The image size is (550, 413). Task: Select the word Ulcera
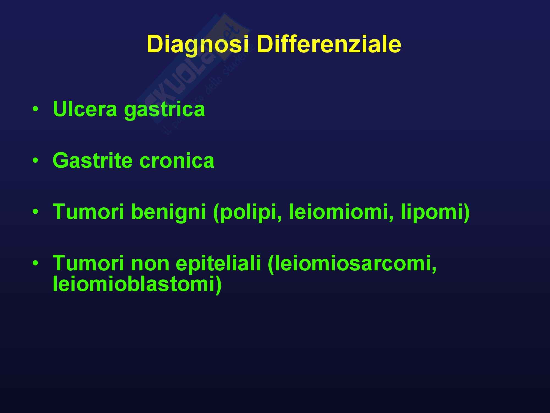click(85, 109)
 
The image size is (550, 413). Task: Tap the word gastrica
click(164, 110)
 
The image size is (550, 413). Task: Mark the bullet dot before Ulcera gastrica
click(35, 109)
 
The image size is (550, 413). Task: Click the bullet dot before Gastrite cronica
click(35, 160)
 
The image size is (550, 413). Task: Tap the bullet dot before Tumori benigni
click(35, 211)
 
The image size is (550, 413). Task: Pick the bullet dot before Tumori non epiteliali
click(35, 263)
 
